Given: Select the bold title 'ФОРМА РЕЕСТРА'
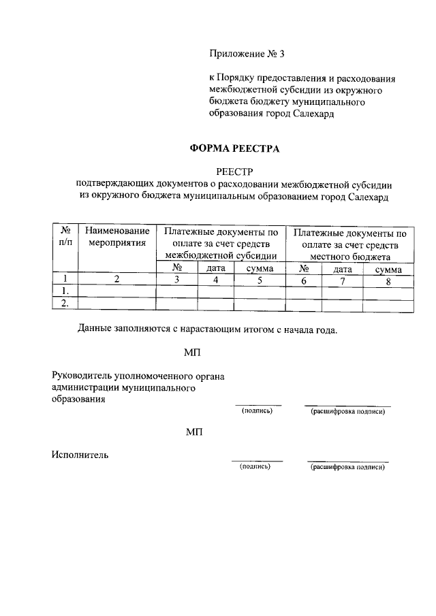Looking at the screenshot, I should coord(234,148).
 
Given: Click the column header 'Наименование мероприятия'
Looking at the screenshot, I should coord(117,238).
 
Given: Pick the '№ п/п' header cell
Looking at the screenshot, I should coord(65,238).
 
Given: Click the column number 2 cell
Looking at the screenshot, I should coord(117,279).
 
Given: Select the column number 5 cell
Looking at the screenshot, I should coord(260,279).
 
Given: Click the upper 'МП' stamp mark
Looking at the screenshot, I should coord(193,352).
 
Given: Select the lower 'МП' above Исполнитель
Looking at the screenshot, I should coord(193,433).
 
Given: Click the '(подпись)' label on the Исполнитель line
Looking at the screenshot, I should coord(255,467).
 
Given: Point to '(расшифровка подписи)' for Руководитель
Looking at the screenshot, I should coord(348,412).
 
